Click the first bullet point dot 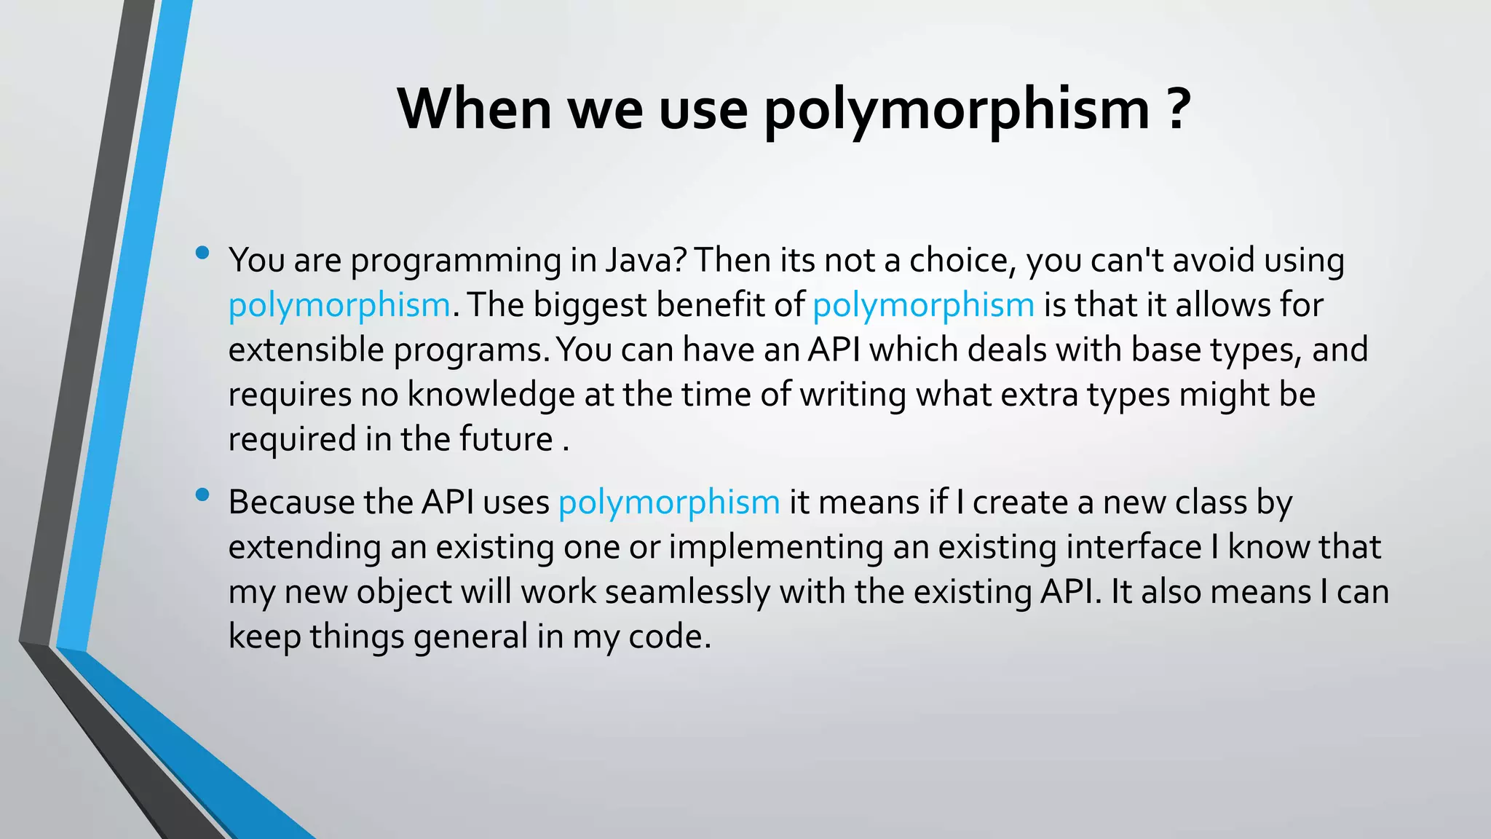(x=202, y=253)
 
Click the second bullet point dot (x=202, y=496)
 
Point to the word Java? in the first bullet (x=646, y=261)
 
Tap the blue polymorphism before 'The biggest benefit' (x=339, y=306)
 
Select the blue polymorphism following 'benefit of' (x=923, y=306)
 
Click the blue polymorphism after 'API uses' (x=669, y=503)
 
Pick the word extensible (x=306, y=350)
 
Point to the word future (x=506, y=439)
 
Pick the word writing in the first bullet (x=853, y=395)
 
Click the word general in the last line (x=470, y=637)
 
